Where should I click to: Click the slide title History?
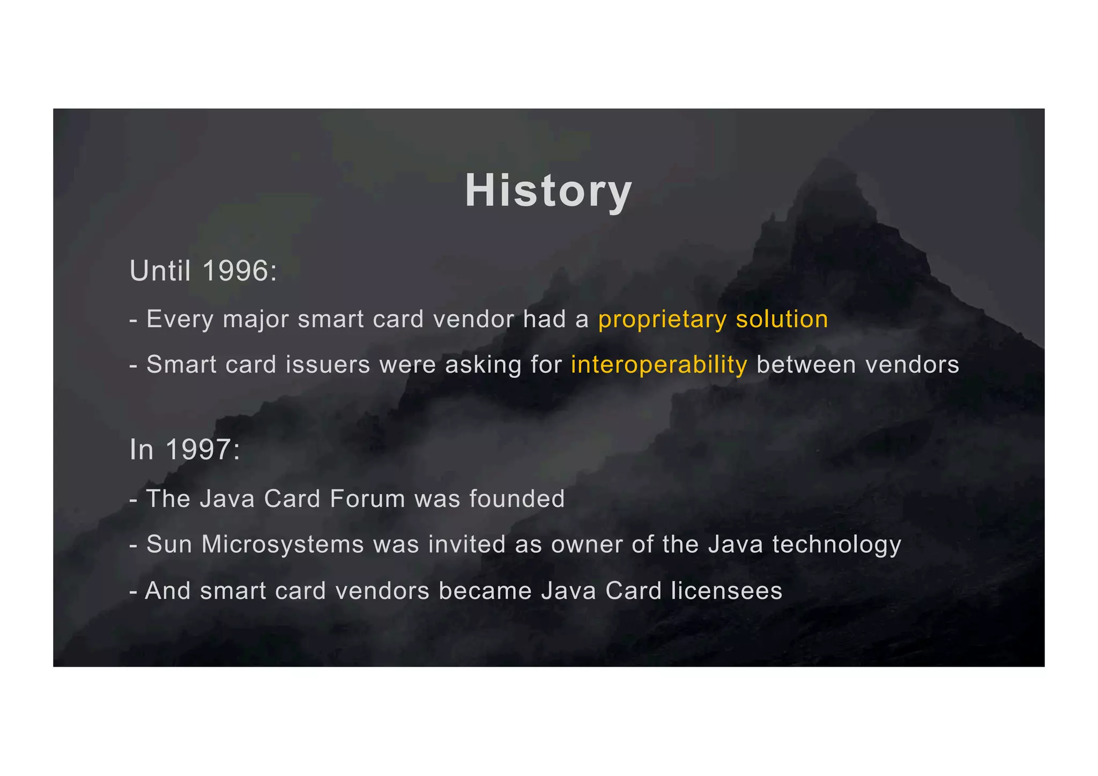(548, 191)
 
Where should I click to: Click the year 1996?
(236, 270)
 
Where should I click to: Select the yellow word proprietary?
(662, 320)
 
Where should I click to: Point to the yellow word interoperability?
(659, 365)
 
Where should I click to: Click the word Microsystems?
(283, 544)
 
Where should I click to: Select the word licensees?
(726, 591)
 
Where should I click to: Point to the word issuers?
(328, 365)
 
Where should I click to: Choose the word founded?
(517, 499)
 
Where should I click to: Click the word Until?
(160, 270)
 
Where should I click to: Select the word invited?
(466, 544)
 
